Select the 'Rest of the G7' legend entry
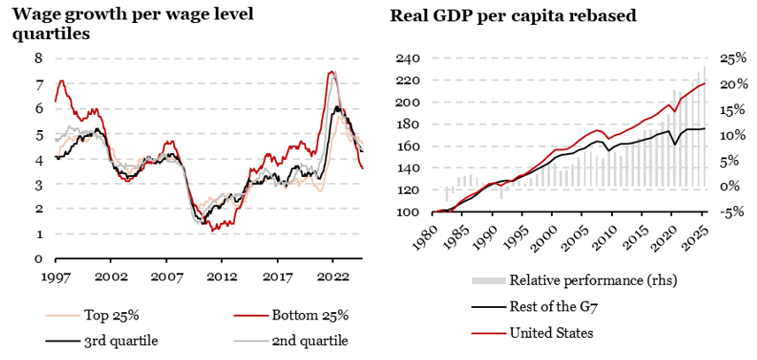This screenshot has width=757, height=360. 553,307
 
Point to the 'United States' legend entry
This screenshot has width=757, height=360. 551,333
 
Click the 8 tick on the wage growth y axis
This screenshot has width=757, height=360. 38,58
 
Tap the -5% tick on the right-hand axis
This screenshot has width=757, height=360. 730,212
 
